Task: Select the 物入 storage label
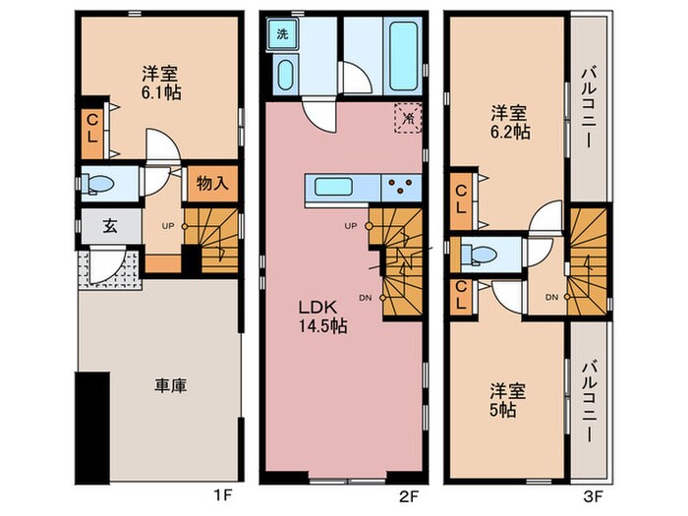(211, 182)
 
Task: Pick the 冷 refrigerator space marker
(406, 116)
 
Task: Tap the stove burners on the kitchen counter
(401, 186)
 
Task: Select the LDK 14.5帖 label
(322, 315)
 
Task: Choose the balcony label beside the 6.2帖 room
(591, 106)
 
